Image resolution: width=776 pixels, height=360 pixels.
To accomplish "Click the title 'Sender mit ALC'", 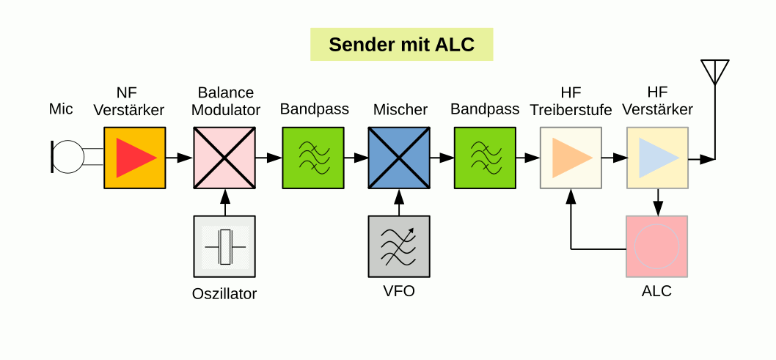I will point(401,45).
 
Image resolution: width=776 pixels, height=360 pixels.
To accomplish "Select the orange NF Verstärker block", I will point(134,158).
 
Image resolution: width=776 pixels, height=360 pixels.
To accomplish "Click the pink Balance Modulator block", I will point(224,158).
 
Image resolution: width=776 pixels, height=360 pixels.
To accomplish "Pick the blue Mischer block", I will point(398,158).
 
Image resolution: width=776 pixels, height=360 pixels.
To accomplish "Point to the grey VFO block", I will point(399,246).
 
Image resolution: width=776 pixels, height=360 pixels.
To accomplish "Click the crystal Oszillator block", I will point(224,246).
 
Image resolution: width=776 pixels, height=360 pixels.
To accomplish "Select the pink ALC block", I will point(656,246).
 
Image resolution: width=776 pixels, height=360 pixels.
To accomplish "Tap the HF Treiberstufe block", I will point(571,158).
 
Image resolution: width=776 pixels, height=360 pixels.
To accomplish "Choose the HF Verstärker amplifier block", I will point(657,158).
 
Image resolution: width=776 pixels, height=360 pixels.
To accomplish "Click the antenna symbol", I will point(715,72).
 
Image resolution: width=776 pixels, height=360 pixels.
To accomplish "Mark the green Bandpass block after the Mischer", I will point(485,158).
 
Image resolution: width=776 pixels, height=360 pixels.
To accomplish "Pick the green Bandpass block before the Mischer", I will point(313,158).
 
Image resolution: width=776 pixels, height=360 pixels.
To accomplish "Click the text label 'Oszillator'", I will point(224,295).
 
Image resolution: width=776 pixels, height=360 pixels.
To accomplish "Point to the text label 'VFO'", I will point(399,291).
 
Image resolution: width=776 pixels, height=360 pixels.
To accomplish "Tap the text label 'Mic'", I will point(61,110).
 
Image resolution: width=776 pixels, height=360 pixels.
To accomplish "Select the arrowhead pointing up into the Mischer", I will point(399,196).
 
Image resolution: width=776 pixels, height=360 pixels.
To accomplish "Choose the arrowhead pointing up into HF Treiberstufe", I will point(571,196).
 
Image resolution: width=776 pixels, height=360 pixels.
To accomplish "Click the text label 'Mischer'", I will point(400,110).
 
